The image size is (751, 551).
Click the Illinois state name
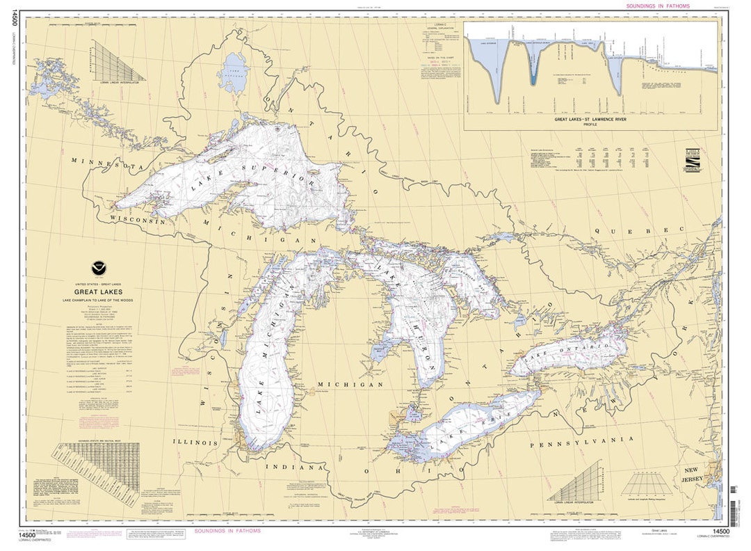(x=195, y=442)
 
